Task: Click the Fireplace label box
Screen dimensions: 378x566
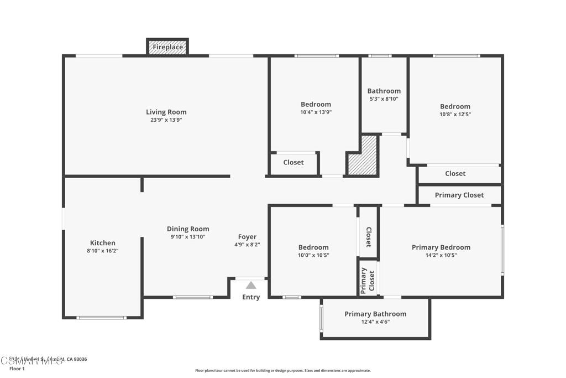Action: tap(167, 47)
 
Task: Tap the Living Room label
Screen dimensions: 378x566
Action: tap(166, 112)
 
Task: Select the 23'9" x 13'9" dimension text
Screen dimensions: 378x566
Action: tap(166, 120)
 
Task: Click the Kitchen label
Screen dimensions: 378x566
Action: tap(103, 242)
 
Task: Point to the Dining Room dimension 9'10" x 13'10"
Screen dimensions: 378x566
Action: tap(188, 237)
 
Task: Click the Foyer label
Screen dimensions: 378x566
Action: tap(247, 237)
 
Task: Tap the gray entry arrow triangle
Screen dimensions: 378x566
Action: tap(251, 285)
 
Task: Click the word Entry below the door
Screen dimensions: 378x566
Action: tap(251, 297)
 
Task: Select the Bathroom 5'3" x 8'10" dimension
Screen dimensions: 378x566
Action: tap(384, 99)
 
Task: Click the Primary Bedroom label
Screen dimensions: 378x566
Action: tap(441, 247)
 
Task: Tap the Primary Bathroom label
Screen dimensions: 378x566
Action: tap(375, 314)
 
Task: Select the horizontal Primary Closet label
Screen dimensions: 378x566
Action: tap(459, 195)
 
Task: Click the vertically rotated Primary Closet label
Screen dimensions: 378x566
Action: tap(368, 280)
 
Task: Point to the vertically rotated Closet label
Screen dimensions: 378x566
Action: tap(368, 237)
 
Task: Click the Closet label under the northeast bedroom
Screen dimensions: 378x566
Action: tap(455, 173)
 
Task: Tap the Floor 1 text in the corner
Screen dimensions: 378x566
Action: tap(17, 369)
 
